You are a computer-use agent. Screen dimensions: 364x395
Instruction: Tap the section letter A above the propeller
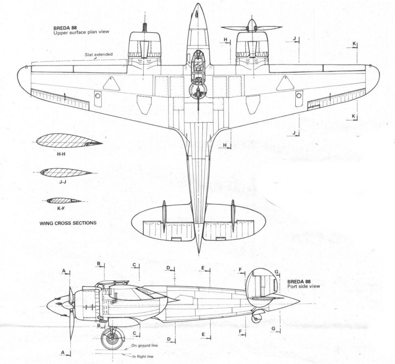coord(64,271)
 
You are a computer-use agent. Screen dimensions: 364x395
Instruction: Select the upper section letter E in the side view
coord(202,268)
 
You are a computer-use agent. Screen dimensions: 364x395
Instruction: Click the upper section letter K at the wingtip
coord(354,43)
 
